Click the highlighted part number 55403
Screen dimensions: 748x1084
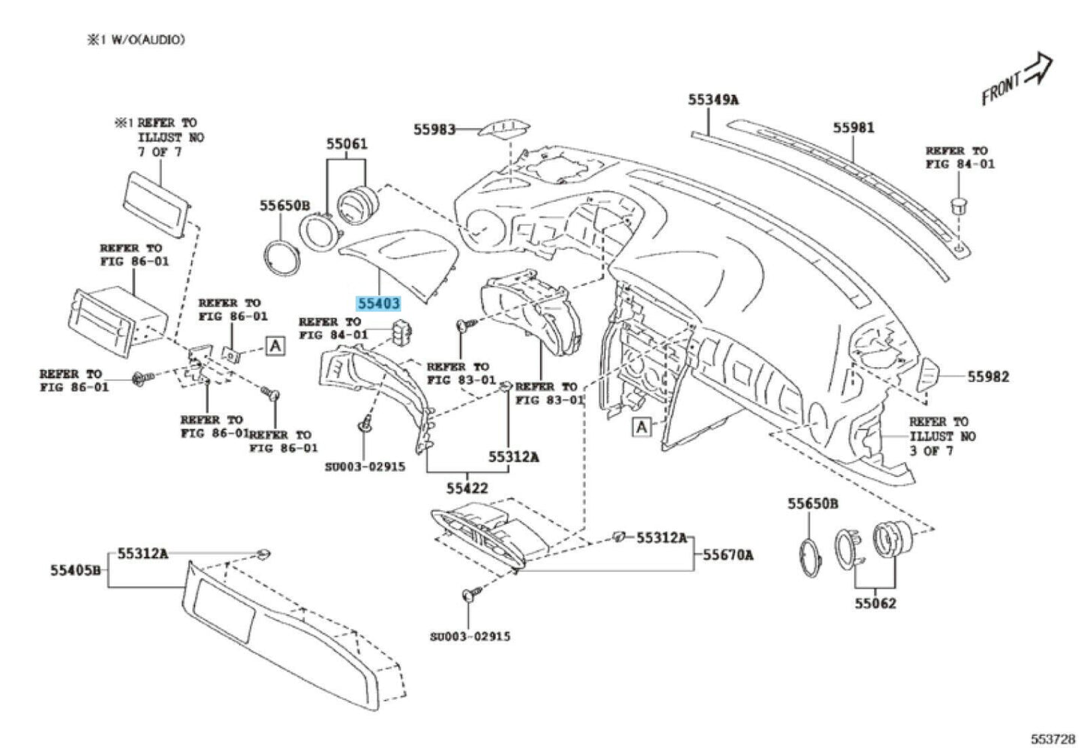pyautogui.click(x=379, y=304)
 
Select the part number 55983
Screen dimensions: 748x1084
pyautogui.click(x=434, y=129)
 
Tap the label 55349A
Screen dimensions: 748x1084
pyautogui.click(x=713, y=99)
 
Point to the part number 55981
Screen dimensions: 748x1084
pyautogui.click(x=853, y=128)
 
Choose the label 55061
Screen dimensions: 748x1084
pyautogui.click(x=347, y=143)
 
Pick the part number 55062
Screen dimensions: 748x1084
pyautogui.click(x=875, y=603)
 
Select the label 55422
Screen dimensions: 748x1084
pyautogui.click(x=467, y=488)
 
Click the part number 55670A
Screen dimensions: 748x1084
pyautogui.click(x=728, y=555)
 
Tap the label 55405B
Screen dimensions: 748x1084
pyautogui.click(x=76, y=569)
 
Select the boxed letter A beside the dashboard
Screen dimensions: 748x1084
pyautogui.click(x=641, y=427)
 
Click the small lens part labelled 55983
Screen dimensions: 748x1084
pyautogui.click(x=504, y=128)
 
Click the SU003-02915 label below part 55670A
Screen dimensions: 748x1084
pyautogui.click(x=470, y=636)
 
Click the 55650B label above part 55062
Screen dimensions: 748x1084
pyautogui.click(x=812, y=503)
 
